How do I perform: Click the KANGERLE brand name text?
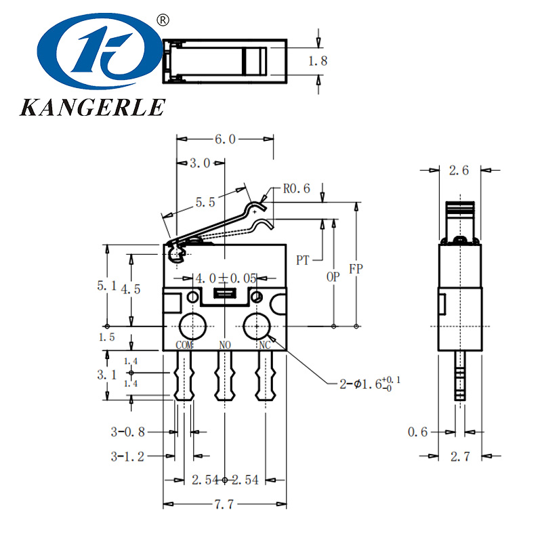point(92,107)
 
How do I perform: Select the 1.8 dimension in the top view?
point(318,61)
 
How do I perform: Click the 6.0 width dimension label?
point(225,139)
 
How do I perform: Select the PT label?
point(303,259)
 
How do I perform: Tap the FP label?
point(356,269)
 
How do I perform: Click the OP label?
point(333,277)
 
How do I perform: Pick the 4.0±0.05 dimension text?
point(226,278)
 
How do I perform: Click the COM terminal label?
point(185,345)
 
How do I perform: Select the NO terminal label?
point(226,345)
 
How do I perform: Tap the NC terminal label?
point(265,345)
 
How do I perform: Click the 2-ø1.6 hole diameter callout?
point(369,383)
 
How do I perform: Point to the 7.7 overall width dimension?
point(225,505)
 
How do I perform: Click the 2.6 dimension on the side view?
point(459,171)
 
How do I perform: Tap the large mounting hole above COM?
point(192,327)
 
